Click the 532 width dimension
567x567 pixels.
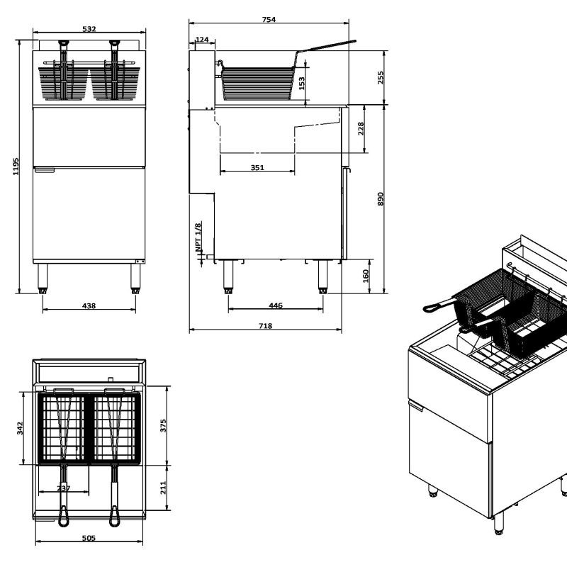point(89,29)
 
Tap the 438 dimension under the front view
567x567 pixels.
point(89,305)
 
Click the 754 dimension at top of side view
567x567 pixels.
point(269,20)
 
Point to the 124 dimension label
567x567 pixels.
point(201,40)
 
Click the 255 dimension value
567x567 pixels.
point(381,77)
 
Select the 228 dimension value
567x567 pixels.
point(361,128)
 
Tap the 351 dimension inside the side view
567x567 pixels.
point(257,168)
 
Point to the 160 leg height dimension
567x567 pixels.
point(366,275)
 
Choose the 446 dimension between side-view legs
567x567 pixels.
point(276,305)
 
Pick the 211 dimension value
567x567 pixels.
point(163,487)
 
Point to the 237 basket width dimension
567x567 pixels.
point(64,488)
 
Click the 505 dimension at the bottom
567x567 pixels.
point(89,539)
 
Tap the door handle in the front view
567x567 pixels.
point(45,169)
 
